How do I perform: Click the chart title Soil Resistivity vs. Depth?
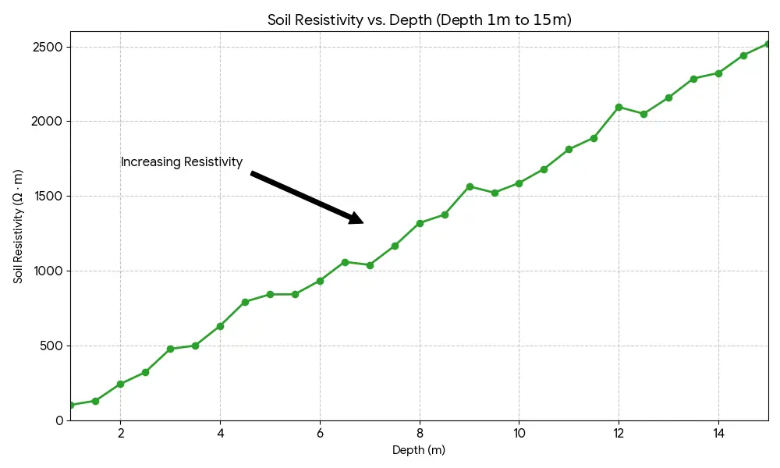(419, 20)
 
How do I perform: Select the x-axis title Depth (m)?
(419, 450)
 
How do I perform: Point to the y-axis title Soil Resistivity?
(18, 225)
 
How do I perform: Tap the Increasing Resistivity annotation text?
(182, 162)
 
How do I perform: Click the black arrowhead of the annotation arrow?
(354, 218)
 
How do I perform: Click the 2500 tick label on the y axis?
(48, 47)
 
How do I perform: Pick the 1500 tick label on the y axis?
(48, 197)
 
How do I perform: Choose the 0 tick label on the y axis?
(59, 420)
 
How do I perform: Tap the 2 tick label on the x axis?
(120, 433)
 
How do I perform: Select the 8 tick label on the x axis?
(420, 433)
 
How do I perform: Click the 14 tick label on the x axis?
(718, 433)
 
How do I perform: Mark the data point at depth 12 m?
(619, 107)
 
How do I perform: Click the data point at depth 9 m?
(470, 186)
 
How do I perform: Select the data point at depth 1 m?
(71, 405)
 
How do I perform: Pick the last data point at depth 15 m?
(768, 44)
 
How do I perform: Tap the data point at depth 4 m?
(220, 326)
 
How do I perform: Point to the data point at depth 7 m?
(370, 265)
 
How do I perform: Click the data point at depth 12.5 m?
(643, 114)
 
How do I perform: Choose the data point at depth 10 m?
(519, 183)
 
